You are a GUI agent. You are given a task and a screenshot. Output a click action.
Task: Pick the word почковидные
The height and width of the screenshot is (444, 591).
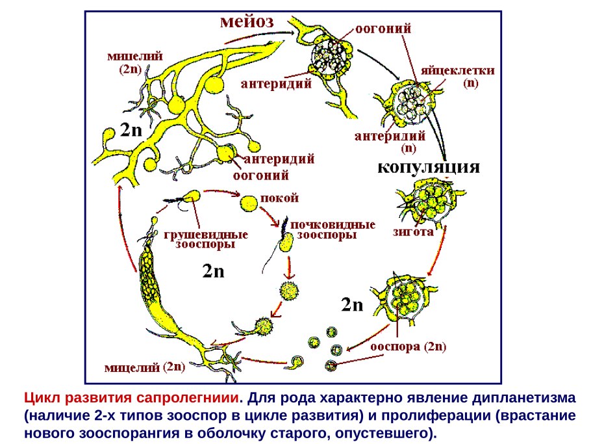click(x=333, y=224)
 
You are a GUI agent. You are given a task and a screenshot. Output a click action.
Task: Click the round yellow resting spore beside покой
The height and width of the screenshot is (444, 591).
click(x=249, y=204)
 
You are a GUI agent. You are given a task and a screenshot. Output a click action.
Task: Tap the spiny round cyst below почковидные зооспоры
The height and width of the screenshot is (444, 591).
click(x=288, y=291)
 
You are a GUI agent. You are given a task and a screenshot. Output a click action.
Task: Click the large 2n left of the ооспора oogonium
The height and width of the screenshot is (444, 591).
click(x=352, y=304)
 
